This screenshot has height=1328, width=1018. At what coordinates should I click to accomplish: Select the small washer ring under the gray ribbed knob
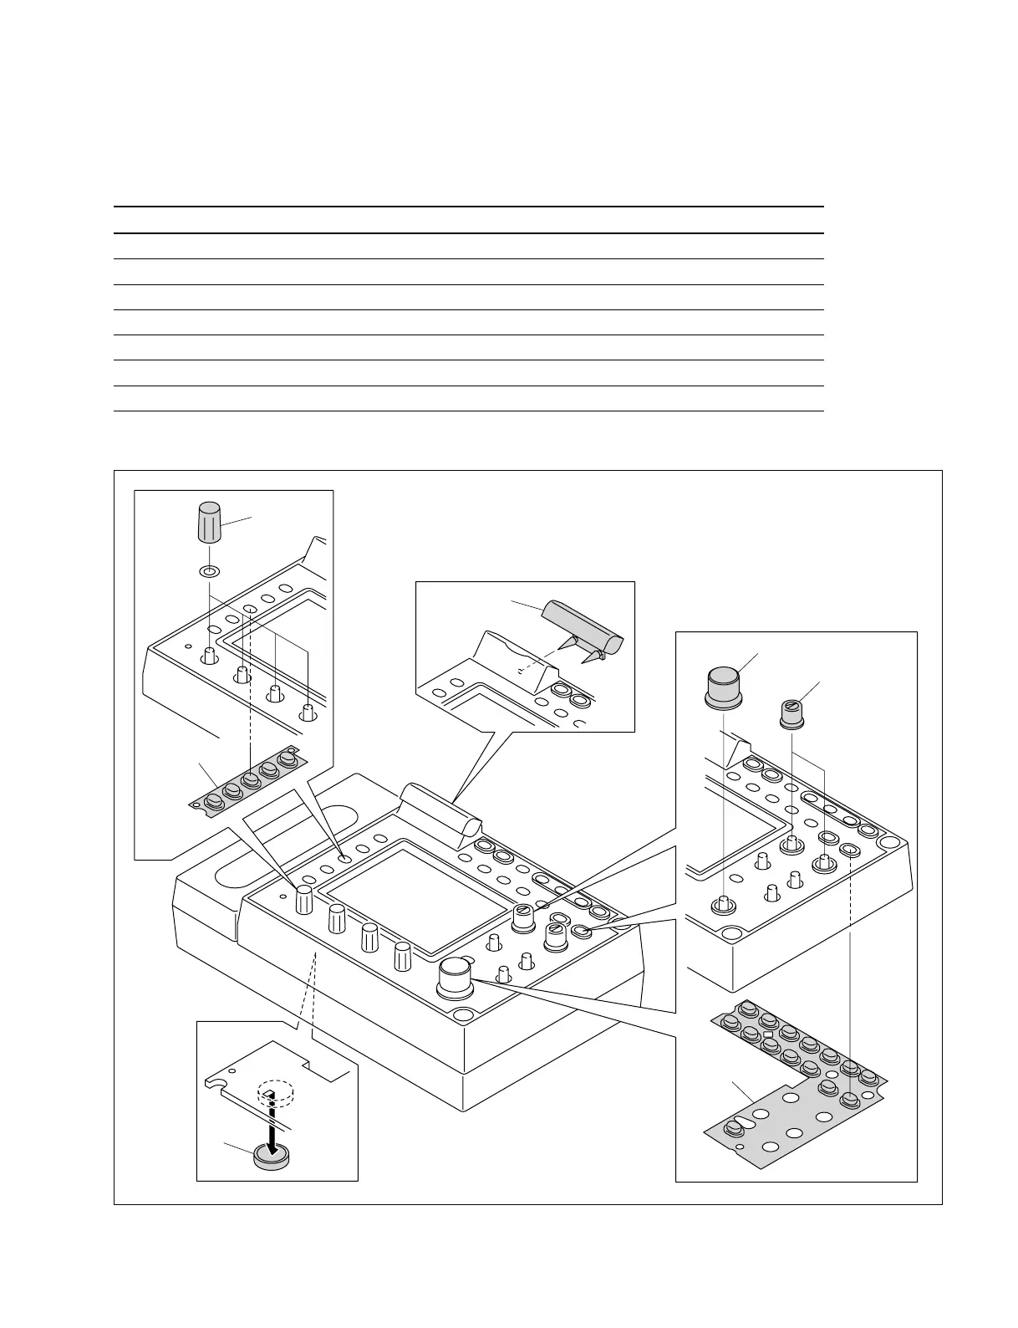(209, 572)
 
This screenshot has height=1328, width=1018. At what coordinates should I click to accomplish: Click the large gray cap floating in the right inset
(724, 687)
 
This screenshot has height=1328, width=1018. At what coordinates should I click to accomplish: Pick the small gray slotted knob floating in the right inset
(791, 714)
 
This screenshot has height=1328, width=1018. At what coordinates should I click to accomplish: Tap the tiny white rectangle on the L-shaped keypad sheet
(767, 1035)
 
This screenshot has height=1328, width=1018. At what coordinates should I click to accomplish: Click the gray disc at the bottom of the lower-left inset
(269, 1157)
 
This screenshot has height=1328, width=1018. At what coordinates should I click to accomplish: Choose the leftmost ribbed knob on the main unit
(304, 900)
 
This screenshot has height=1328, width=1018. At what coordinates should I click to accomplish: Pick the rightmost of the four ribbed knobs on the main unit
(403, 956)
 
